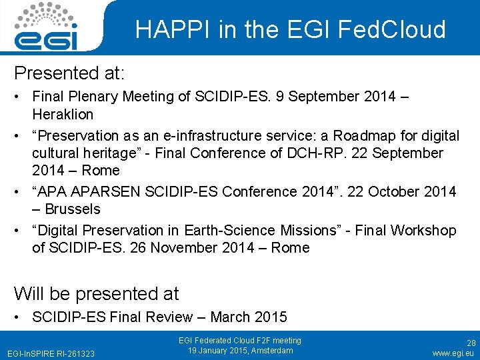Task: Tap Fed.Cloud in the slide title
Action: click(391, 29)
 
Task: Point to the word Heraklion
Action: click(62, 114)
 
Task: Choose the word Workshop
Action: click(423, 231)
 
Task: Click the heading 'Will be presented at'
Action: click(97, 293)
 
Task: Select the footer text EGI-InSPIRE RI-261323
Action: click(51, 353)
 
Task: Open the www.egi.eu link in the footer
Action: click(453, 353)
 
